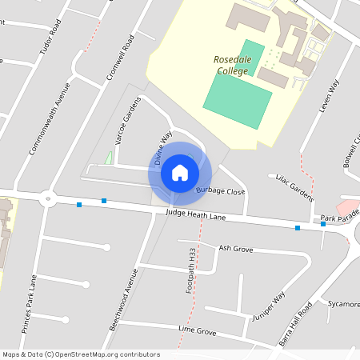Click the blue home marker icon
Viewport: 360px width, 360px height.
180,172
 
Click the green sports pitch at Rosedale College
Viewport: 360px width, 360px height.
233,88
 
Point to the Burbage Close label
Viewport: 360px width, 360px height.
220,192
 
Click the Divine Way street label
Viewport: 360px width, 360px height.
163,149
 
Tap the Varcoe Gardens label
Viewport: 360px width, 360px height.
122,126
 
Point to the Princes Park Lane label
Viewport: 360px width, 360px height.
30,304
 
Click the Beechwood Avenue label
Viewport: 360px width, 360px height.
123,300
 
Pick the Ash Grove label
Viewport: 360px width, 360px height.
235,250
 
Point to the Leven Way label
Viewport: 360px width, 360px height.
330,95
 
